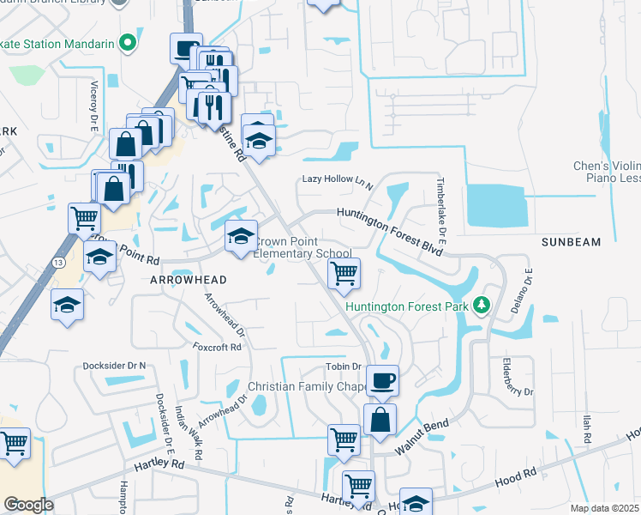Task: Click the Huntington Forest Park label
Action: [x=407, y=306]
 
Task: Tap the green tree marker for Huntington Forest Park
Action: [x=482, y=306]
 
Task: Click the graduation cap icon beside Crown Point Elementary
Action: [x=241, y=235]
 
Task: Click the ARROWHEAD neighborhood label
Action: [x=188, y=280]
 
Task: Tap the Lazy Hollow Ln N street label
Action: [x=338, y=179]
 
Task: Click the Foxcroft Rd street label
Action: [x=218, y=348]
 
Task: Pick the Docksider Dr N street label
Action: [x=115, y=366]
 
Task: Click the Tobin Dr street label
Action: [x=343, y=367]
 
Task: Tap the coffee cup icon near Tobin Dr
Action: [x=382, y=379]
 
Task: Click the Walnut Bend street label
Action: [x=422, y=437]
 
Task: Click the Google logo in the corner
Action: [x=28, y=505]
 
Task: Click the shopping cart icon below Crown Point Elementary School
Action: [x=344, y=274]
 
